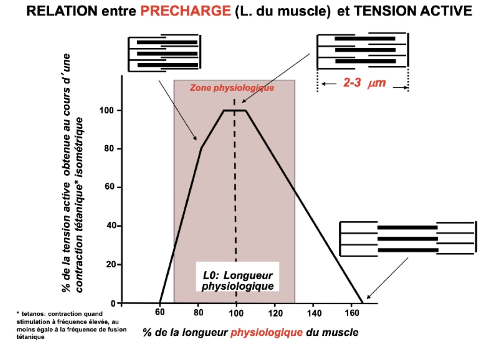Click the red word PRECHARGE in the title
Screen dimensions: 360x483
[185, 11]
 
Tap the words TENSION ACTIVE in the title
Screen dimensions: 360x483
[413, 11]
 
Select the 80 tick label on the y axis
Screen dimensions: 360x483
[109, 148]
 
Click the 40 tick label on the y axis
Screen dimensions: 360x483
[111, 226]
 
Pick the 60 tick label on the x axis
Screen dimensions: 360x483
[160, 312]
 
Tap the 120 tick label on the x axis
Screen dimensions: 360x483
[275, 313]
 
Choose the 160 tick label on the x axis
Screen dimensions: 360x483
[351, 313]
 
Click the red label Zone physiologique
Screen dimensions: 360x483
[232, 88]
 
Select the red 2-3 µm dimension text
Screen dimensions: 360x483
[364, 83]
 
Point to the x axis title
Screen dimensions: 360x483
[250, 333]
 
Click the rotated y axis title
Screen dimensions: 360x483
[73, 173]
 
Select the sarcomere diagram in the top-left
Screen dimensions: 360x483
[164, 53]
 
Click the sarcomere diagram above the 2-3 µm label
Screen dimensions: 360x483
[363, 50]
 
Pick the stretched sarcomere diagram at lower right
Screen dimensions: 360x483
[408, 239]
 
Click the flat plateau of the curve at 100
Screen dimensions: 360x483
[235, 110]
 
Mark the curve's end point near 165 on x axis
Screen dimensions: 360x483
[363, 303]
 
